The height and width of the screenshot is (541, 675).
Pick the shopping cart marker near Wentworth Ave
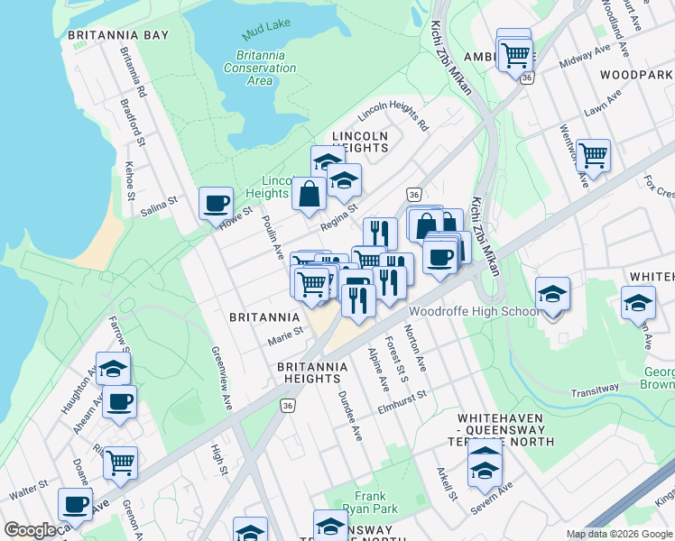(593, 155)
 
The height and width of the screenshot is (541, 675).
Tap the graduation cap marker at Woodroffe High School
(552, 294)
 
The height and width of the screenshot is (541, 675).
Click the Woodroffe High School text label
(475, 312)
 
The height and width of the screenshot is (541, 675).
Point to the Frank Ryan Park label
(370, 502)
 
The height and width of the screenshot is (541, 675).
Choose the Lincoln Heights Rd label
(393, 115)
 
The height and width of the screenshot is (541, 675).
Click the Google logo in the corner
(31, 530)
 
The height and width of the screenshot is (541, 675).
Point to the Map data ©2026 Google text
(620, 534)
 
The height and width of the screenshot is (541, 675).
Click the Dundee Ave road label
(350, 416)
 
